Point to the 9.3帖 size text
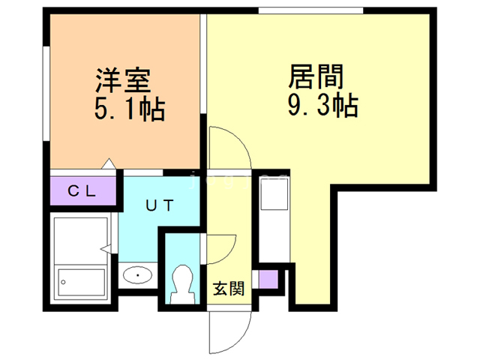point(322,106)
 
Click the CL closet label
point(82,190)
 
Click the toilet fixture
point(182,284)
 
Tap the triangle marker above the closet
point(108,163)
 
